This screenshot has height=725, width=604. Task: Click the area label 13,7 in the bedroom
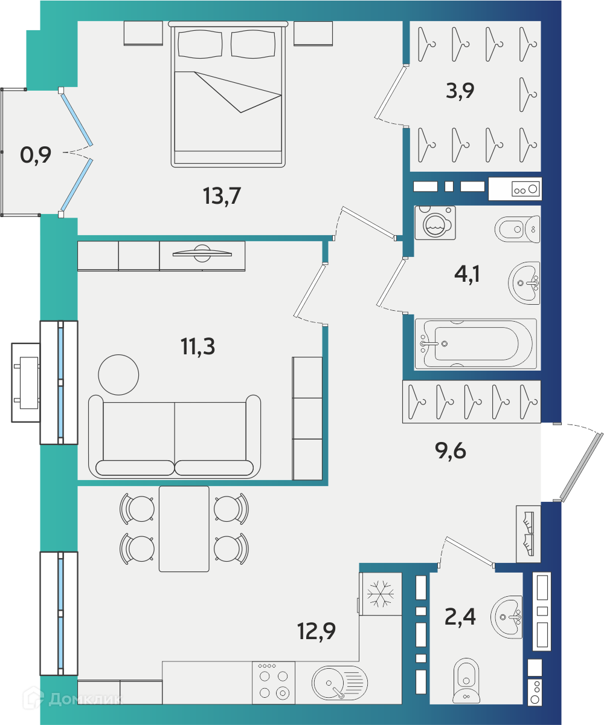[x=222, y=195]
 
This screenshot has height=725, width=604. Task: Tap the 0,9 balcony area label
[x=36, y=155]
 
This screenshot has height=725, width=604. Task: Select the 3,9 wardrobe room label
[x=460, y=91]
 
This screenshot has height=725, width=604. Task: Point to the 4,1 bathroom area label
[x=467, y=274]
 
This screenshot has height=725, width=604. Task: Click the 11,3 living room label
[x=198, y=346]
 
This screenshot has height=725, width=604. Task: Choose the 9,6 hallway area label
[x=451, y=450]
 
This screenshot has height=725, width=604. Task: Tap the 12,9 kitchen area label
[x=316, y=631]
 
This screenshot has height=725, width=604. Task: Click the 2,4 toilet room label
[x=460, y=616]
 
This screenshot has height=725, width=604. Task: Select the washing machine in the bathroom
[x=435, y=223]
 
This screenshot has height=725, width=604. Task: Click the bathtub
[x=475, y=343]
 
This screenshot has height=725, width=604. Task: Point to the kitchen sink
[x=340, y=683]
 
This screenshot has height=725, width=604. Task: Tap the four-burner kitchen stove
[x=274, y=683]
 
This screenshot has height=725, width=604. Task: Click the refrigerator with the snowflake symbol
[x=380, y=594]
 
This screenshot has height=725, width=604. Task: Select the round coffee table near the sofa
[x=118, y=374]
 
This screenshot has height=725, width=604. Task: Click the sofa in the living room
[x=175, y=436]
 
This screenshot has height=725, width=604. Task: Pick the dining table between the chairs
[x=184, y=528]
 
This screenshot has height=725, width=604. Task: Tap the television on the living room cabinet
[x=202, y=253]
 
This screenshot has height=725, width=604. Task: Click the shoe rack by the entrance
[x=528, y=533]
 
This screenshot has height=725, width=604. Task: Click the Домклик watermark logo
[x=72, y=698]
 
